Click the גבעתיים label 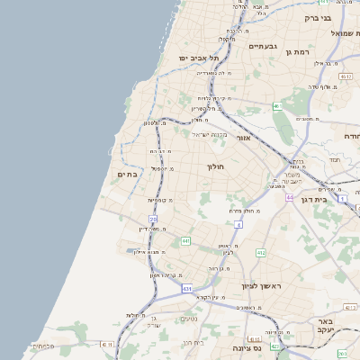[x=265, y=45]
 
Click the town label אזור [x=242, y=139]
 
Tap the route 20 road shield [x=153, y=219]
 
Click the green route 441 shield [x=185, y=241]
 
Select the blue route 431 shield [x=187, y=288]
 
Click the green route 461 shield [x=278, y=107]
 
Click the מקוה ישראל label [x=206, y=134]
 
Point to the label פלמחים [x=40, y=346]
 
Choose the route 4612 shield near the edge [x=346, y=77]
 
